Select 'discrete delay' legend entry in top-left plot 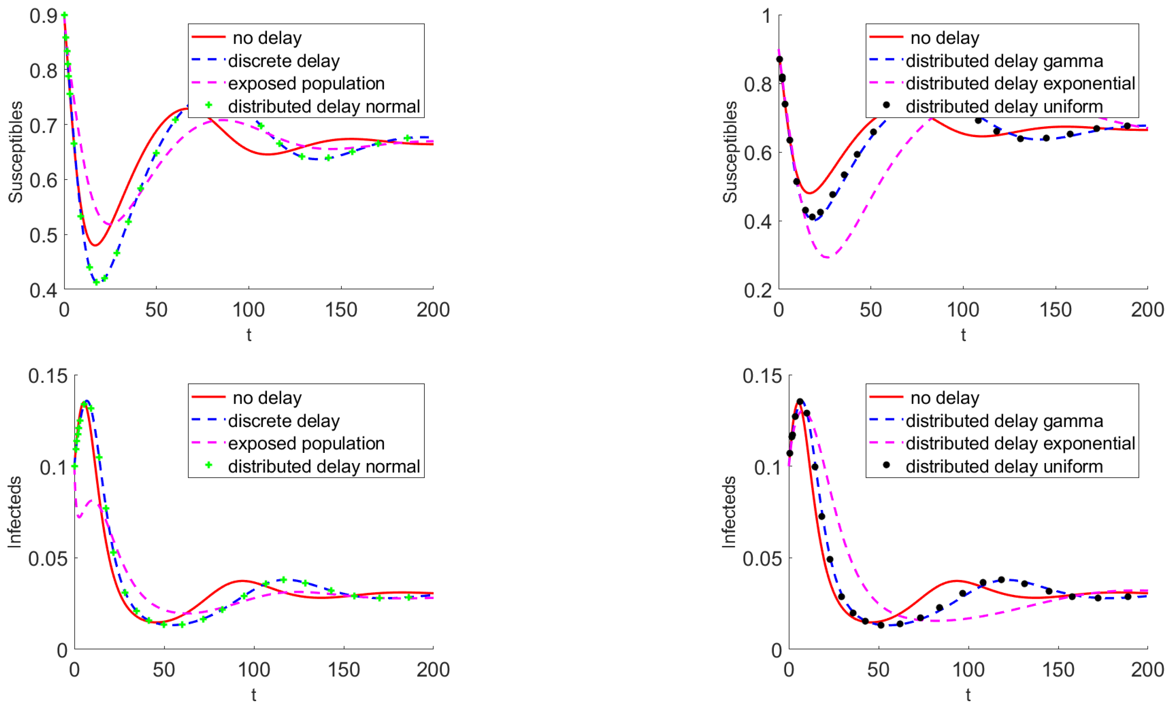pyautogui.click(x=284, y=61)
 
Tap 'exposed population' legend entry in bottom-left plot pyautogui.click(x=306, y=443)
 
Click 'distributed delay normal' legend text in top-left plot pyautogui.click(x=324, y=106)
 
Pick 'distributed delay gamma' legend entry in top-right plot pyautogui.click(x=1004, y=61)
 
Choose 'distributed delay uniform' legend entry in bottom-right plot pyautogui.click(x=1004, y=466)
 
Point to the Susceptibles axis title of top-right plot pyautogui.click(x=730, y=152)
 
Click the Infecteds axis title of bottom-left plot pyautogui.click(x=15, y=512)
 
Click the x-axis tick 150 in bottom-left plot pyautogui.click(x=344, y=670)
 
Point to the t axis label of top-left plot pyautogui.click(x=248, y=335)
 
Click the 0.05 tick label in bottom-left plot pyautogui.click(x=48, y=559)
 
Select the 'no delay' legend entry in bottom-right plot pyautogui.click(x=945, y=398)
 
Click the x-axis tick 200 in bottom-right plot pyautogui.click(x=1147, y=670)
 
